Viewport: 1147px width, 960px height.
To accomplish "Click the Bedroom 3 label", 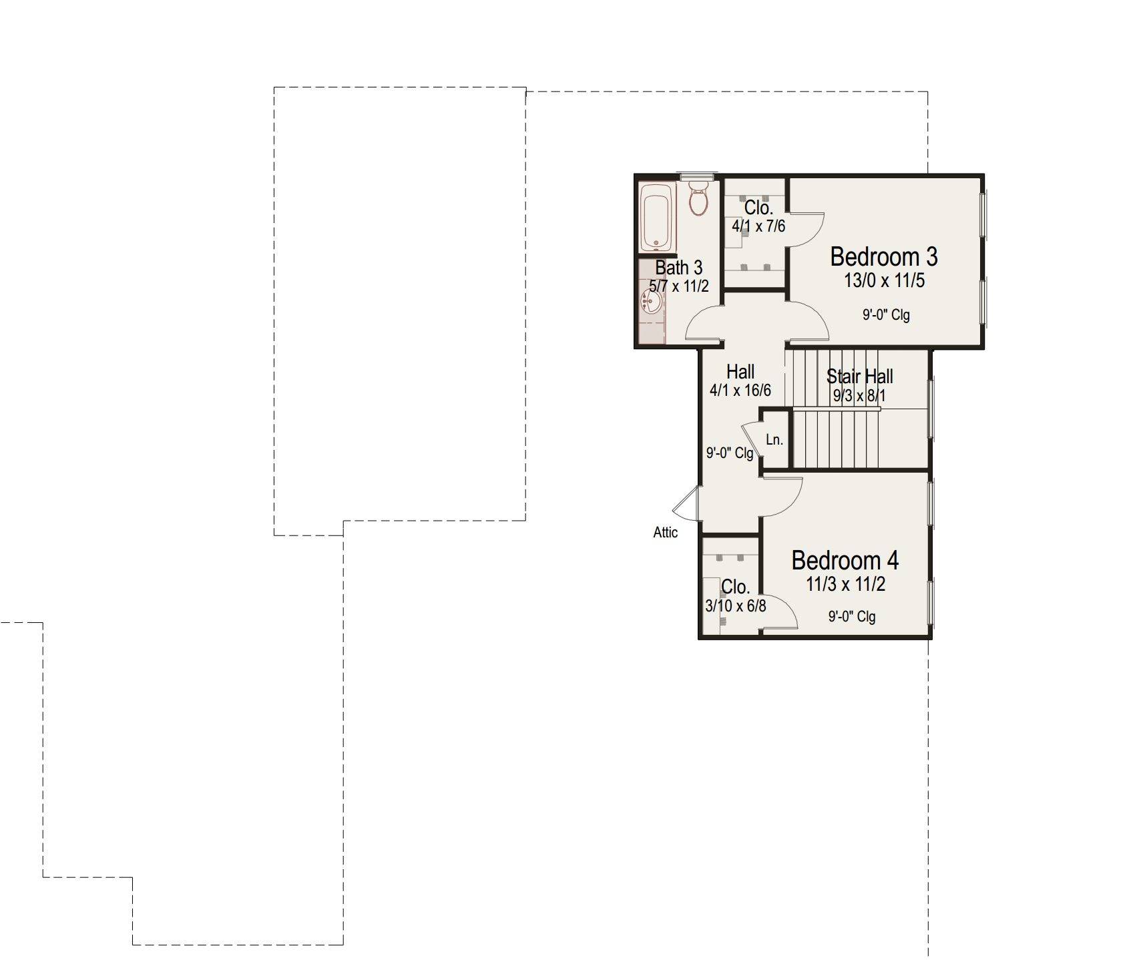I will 883,256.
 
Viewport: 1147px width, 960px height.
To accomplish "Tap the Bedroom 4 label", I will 845,560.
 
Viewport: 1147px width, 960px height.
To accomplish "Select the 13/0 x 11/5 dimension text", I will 884,280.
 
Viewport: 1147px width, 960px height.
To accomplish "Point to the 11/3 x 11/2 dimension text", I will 845,584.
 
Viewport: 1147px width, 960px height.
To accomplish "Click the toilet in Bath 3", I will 698,198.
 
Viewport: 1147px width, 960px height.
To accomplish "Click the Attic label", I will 665,532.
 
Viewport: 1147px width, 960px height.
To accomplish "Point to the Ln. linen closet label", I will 774,439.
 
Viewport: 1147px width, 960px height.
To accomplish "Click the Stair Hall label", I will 859,376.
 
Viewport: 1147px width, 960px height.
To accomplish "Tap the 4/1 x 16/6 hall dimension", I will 740,390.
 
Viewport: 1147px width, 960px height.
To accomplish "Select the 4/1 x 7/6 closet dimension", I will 758,226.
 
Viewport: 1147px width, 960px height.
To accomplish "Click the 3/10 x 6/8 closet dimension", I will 735,606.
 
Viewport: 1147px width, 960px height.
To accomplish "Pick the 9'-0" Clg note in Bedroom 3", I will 886,314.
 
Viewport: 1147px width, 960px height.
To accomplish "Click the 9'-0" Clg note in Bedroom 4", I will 852,616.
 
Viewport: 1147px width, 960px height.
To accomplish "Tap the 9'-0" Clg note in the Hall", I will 730,453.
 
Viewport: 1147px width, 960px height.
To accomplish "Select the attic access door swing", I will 686,503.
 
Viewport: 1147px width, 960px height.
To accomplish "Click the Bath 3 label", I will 678,268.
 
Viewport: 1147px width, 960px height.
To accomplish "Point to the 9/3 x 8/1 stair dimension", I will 859,395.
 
